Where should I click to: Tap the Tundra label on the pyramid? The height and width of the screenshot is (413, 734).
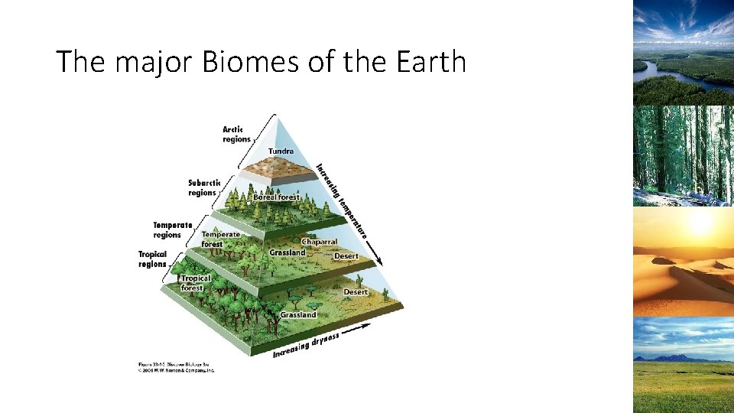[x=280, y=151]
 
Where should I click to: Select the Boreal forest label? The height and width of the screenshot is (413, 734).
[x=277, y=197]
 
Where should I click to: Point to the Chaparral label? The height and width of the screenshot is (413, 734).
[x=319, y=242]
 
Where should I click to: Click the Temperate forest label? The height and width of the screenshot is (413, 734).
[x=220, y=239]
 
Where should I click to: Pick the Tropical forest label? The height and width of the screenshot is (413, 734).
[x=195, y=283]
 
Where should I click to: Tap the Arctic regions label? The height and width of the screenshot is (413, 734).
[x=236, y=134]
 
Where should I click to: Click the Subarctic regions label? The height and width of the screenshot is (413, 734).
[x=204, y=187]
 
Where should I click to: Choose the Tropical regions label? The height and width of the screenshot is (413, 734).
[x=153, y=259]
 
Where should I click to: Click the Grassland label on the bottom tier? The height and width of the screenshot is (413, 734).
[x=298, y=315]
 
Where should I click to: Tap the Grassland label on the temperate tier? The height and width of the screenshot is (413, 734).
[x=287, y=252]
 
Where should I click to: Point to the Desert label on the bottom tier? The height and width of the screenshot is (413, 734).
[x=356, y=292]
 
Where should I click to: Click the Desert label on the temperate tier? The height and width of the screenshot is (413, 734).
[x=346, y=256]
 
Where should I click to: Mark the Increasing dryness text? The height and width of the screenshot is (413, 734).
[x=306, y=344]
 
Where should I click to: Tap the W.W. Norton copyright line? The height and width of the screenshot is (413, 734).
[x=177, y=369]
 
